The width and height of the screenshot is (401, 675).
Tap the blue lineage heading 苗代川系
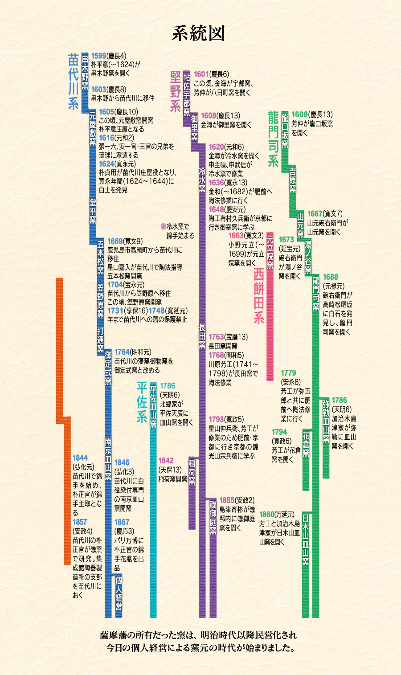(74, 82)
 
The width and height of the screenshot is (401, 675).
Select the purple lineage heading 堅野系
(176, 92)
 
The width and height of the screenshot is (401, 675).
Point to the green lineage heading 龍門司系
(273, 139)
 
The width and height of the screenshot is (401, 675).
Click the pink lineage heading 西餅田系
(259, 296)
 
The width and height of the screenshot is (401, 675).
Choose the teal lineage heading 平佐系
(142, 402)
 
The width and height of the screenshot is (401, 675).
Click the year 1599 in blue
(99, 56)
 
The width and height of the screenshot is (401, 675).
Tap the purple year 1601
(201, 74)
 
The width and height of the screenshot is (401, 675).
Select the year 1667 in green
(315, 214)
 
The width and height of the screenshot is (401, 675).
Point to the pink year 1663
(236, 235)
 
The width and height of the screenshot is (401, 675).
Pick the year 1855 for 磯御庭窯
(227, 500)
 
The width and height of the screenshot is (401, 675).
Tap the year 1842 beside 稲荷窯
(166, 461)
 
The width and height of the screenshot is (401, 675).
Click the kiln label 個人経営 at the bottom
(119, 593)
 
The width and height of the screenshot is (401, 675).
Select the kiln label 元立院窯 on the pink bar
(270, 251)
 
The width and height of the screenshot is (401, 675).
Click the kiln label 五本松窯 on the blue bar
(101, 258)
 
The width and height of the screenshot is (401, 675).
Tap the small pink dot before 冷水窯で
(163, 227)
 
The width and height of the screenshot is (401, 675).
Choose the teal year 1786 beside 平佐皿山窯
(168, 386)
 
